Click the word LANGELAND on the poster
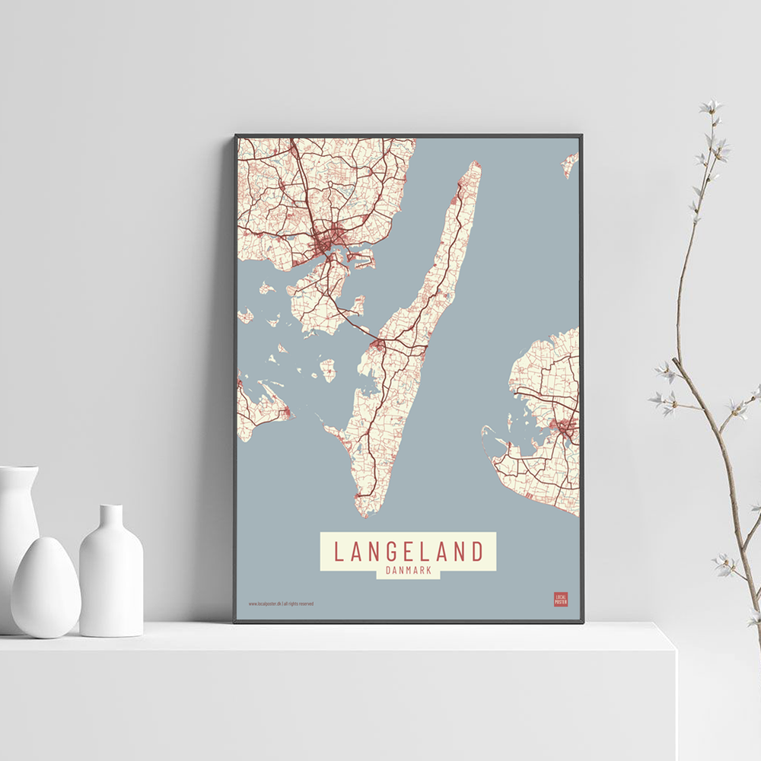[408, 551]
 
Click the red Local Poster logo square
[561, 599]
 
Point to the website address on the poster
[281, 604]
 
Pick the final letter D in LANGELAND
[477, 551]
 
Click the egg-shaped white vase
[46, 587]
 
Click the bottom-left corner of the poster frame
[236, 621]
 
